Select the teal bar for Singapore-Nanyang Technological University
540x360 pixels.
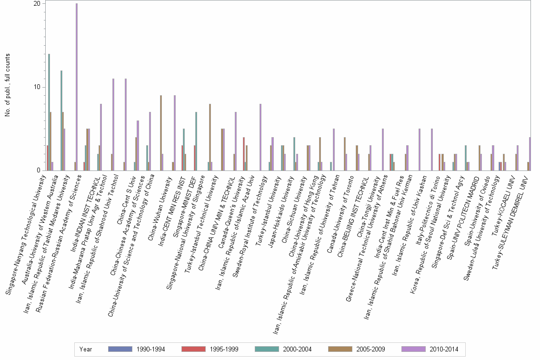click(49, 112)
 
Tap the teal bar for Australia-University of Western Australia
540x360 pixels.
click(61, 120)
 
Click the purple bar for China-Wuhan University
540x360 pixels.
click(175, 133)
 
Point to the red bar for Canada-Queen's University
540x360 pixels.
click(244, 154)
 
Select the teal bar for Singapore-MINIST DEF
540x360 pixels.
click(196, 141)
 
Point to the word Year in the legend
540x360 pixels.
click(86, 349)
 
